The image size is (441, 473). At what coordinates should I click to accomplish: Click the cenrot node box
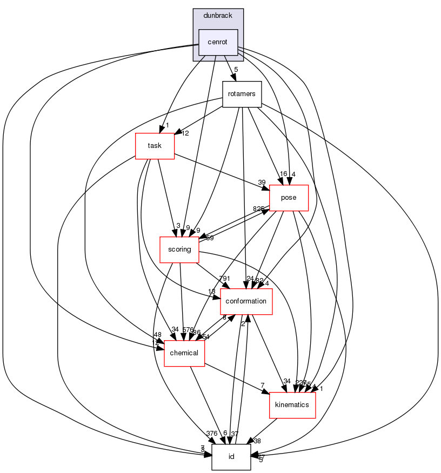tap(218, 42)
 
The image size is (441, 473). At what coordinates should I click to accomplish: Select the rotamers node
tap(242, 94)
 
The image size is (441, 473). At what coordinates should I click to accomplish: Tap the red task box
tap(155, 146)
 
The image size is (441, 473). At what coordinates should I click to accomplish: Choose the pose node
tap(289, 198)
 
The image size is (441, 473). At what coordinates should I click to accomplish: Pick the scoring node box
tap(179, 249)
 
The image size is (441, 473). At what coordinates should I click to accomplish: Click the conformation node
tap(246, 301)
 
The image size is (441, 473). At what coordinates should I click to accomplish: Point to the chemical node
tap(184, 353)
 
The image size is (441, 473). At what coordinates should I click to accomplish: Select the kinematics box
tap(292, 405)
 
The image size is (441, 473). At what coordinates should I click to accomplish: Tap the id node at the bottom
tap(231, 457)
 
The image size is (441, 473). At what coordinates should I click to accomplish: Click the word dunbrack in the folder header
tap(218, 15)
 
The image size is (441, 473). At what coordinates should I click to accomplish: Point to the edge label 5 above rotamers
tap(236, 70)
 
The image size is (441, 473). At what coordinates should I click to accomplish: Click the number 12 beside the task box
tap(185, 134)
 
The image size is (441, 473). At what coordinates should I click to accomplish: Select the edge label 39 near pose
tap(262, 181)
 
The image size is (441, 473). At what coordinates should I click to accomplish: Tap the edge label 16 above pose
tap(282, 174)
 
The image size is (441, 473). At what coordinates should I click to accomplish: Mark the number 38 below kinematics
tap(257, 441)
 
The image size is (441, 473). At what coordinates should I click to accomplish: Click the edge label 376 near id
tap(211, 433)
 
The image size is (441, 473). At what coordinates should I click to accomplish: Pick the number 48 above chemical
tap(157, 335)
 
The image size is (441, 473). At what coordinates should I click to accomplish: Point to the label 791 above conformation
tap(224, 279)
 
